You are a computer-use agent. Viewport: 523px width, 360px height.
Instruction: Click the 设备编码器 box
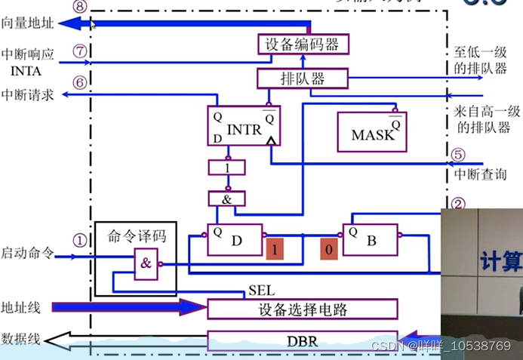pos(303,45)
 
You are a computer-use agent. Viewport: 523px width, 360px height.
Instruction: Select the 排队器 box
pos(291,78)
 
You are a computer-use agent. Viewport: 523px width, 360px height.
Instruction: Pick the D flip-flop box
pos(235,241)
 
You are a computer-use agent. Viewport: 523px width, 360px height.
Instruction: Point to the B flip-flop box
pos(371,241)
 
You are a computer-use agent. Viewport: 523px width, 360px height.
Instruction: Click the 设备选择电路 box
pos(301,309)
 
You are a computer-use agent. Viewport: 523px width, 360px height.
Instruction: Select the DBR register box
pos(301,341)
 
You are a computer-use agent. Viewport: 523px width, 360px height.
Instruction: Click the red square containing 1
pos(275,250)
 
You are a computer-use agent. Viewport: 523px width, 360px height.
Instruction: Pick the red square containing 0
pos(328,250)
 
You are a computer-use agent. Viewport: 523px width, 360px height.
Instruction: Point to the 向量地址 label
pos(28,23)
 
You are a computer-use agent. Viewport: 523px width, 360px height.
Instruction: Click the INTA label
pos(26,72)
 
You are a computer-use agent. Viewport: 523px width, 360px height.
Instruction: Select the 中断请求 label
pos(28,95)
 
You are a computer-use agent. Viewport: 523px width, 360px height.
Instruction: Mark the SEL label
pos(261,291)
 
